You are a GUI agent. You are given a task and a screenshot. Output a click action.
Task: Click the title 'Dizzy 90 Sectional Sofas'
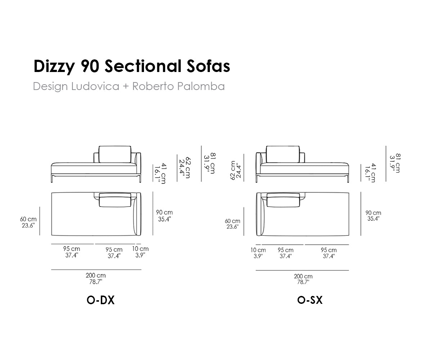click(132, 66)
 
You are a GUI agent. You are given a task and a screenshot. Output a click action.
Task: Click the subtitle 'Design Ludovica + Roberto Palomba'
click(129, 86)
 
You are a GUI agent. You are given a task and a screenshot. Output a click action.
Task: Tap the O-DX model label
click(100, 300)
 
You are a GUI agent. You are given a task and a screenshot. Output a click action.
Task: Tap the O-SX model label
click(310, 300)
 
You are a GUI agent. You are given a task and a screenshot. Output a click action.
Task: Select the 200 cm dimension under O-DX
click(96, 279)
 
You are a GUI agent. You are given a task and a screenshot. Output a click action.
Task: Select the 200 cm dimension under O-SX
click(303, 279)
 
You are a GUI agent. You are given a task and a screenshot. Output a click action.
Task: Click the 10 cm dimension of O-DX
click(140, 252)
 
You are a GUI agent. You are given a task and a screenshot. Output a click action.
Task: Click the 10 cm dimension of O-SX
click(258, 253)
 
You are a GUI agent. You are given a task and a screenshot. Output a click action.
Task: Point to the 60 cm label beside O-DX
click(28, 222)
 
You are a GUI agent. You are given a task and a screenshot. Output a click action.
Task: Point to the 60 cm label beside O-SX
click(233, 224)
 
